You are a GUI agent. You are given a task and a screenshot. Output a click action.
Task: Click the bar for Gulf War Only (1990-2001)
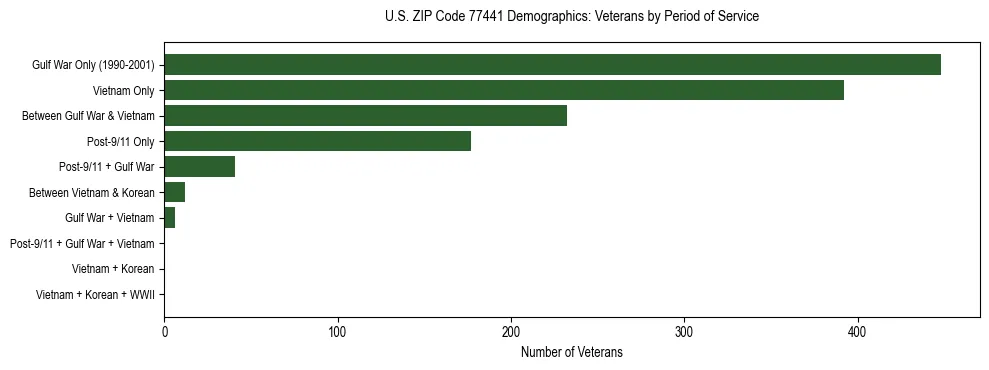coord(552,65)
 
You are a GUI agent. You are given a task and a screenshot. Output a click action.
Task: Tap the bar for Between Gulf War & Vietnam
coord(365,116)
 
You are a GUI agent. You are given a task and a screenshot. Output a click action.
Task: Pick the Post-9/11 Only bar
coord(317,141)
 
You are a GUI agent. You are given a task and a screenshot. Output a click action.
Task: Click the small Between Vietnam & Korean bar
coord(174,192)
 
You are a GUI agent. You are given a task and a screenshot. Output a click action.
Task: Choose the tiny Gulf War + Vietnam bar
coord(169,218)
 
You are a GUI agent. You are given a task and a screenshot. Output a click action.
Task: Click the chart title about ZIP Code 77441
coord(571,17)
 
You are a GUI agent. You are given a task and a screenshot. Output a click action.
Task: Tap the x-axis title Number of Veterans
coord(571,352)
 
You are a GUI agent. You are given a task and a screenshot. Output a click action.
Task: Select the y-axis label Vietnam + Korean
coord(113,269)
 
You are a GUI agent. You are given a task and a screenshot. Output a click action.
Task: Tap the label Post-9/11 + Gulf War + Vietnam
coord(81,243)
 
